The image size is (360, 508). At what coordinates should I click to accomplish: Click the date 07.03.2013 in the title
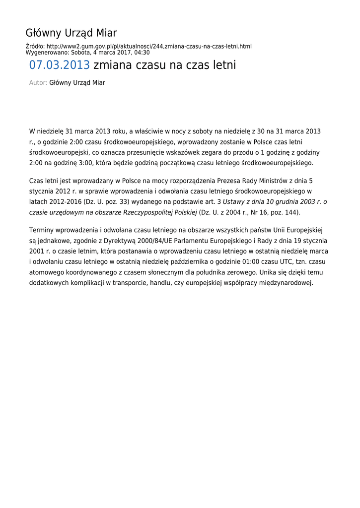[x=60, y=65]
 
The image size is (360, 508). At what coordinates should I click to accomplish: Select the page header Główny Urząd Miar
[x=71, y=33]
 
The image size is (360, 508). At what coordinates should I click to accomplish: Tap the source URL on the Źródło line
[x=149, y=47]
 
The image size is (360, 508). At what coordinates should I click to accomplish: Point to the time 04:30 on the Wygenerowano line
[x=142, y=53]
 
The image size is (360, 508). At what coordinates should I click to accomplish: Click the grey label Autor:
[x=38, y=83]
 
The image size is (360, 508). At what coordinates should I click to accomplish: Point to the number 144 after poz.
[x=293, y=212]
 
